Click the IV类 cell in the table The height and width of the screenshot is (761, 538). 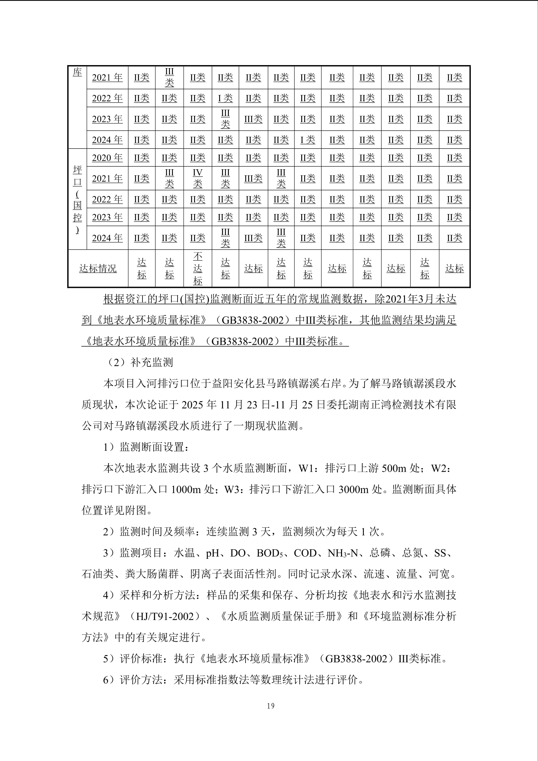[x=197, y=178]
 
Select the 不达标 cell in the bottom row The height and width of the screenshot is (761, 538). [x=197, y=268]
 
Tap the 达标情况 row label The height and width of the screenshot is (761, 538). [x=98, y=268]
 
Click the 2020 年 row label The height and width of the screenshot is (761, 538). [x=107, y=158]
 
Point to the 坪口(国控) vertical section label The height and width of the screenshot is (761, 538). [x=77, y=199]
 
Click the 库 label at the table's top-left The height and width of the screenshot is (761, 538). [x=77, y=72]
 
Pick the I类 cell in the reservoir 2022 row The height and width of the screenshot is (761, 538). [x=225, y=98]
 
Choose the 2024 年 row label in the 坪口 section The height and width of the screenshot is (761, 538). [x=107, y=238]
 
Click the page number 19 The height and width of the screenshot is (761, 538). [x=270, y=706]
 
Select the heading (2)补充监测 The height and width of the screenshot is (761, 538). [x=138, y=362]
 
